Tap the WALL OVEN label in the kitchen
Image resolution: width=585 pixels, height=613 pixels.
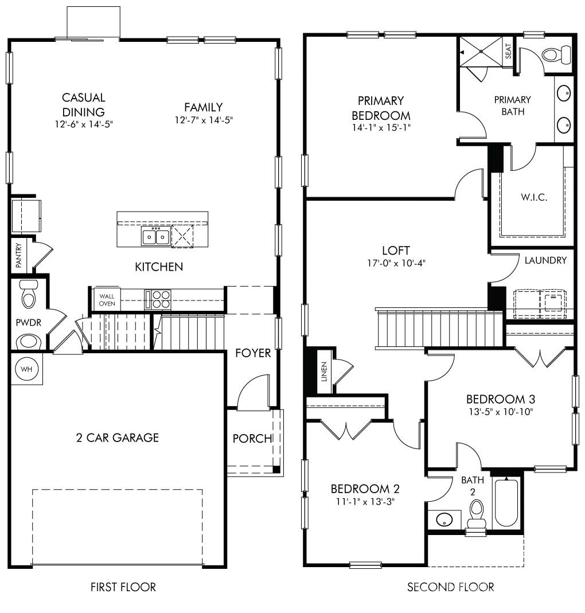(x=107, y=299)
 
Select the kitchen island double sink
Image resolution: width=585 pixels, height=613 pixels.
(x=155, y=236)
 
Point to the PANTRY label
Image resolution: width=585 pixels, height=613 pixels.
(x=18, y=255)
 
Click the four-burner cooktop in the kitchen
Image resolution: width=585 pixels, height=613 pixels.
(x=161, y=299)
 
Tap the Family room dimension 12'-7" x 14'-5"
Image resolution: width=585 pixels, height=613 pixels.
(x=204, y=120)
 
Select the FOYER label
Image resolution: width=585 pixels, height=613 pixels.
(x=252, y=353)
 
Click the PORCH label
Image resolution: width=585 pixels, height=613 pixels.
(x=252, y=439)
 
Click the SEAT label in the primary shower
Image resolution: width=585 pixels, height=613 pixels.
(x=508, y=52)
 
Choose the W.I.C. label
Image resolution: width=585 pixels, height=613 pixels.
(x=535, y=197)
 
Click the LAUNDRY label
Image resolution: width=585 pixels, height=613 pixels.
(x=545, y=260)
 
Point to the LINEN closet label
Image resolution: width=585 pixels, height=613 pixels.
(x=324, y=372)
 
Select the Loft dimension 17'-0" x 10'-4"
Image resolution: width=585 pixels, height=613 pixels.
(x=396, y=263)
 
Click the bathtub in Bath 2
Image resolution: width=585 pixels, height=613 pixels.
(x=505, y=502)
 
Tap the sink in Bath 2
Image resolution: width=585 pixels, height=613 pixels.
(x=444, y=520)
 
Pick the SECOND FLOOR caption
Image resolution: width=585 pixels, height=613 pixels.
(x=450, y=587)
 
